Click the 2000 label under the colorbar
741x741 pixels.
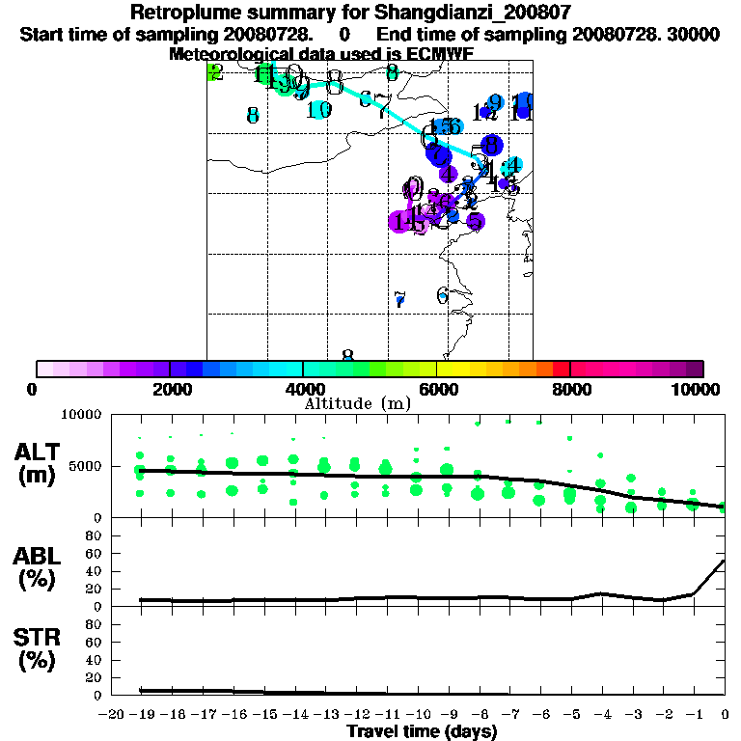tap(170, 389)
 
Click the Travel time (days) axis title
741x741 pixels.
tap(422, 731)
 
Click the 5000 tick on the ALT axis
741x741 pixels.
tap(86, 466)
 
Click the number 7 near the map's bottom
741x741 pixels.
tap(400, 300)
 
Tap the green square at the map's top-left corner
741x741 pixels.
tap(214, 72)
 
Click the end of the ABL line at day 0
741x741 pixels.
tap(724, 561)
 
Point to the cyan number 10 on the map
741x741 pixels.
tap(319, 110)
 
